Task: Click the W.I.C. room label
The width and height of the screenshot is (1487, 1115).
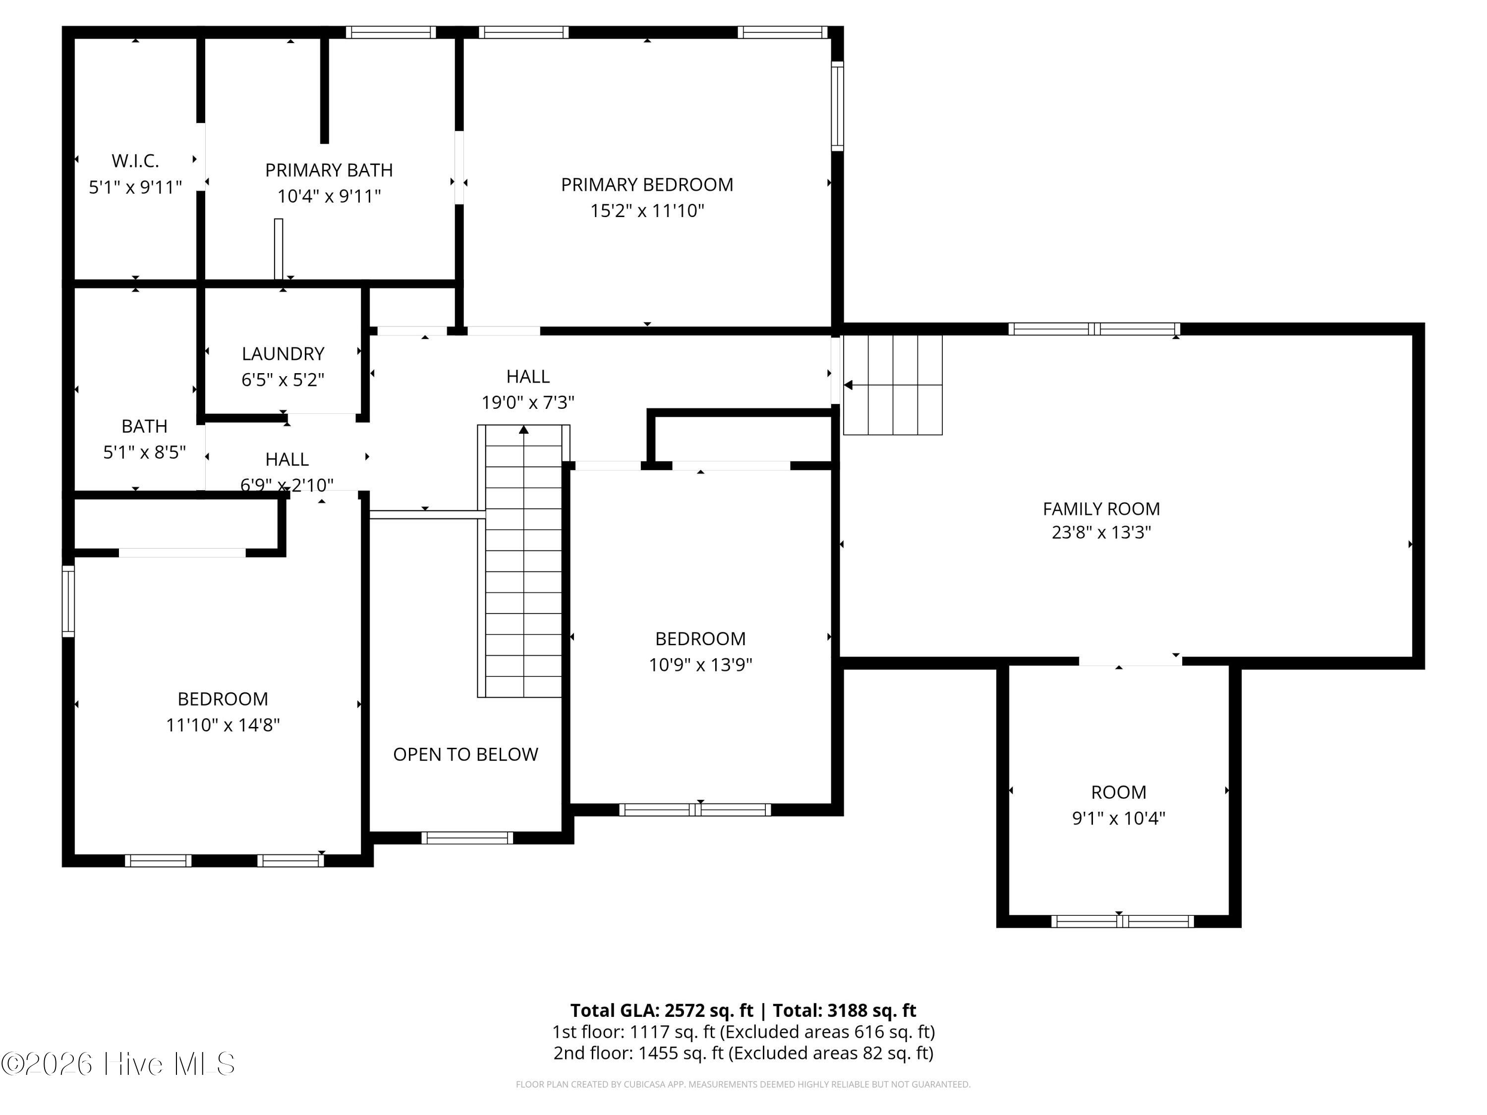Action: pos(135,161)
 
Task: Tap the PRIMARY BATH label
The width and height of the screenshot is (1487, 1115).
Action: pos(329,170)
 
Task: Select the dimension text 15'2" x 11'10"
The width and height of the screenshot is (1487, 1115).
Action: pos(647,211)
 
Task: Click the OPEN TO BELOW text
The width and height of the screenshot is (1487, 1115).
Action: pos(465,755)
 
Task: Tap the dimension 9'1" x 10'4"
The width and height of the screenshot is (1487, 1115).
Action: pos(1118,819)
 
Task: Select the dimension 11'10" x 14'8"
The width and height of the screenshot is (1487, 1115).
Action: pos(223,725)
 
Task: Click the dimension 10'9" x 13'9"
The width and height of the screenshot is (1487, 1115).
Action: pos(700,665)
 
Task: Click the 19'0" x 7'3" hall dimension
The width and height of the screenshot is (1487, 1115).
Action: pos(528,402)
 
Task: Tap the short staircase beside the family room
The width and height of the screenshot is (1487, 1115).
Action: pos(893,385)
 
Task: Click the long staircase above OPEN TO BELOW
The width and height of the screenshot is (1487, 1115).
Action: pos(523,561)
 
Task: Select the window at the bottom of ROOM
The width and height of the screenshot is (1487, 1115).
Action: pos(1122,921)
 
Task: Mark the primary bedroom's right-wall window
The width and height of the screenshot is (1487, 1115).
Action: pos(837,106)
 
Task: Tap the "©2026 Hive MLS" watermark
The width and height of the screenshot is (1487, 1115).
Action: pos(118,1064)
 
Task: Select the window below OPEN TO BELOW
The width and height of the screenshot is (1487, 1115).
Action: pos(467,838)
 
